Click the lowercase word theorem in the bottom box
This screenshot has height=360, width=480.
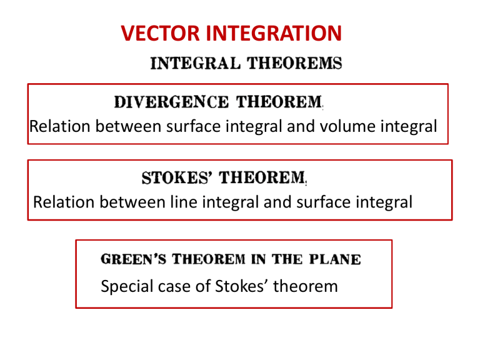coord(306,287)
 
